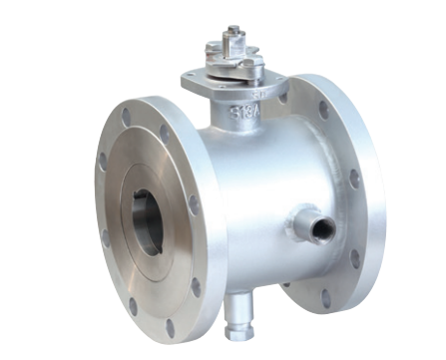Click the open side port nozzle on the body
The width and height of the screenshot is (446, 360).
(x=319, y=229)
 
